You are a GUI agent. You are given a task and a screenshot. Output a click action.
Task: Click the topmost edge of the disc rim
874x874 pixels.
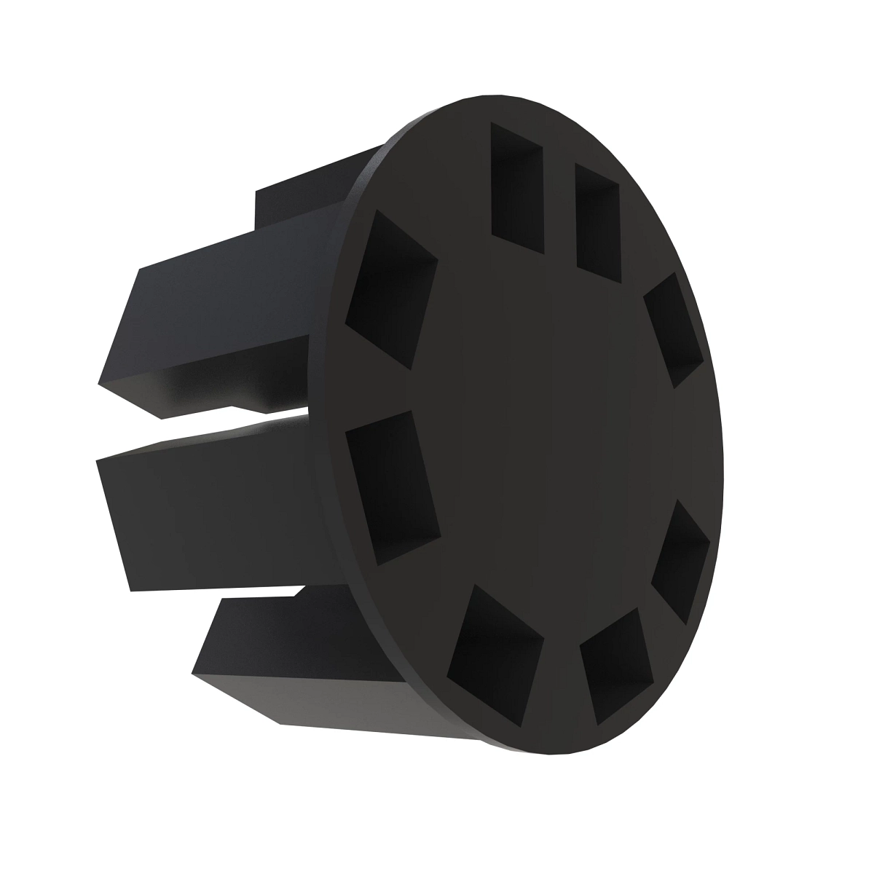click(495, 95)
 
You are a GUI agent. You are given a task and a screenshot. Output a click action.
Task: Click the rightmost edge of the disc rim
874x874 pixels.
click(725, 466)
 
